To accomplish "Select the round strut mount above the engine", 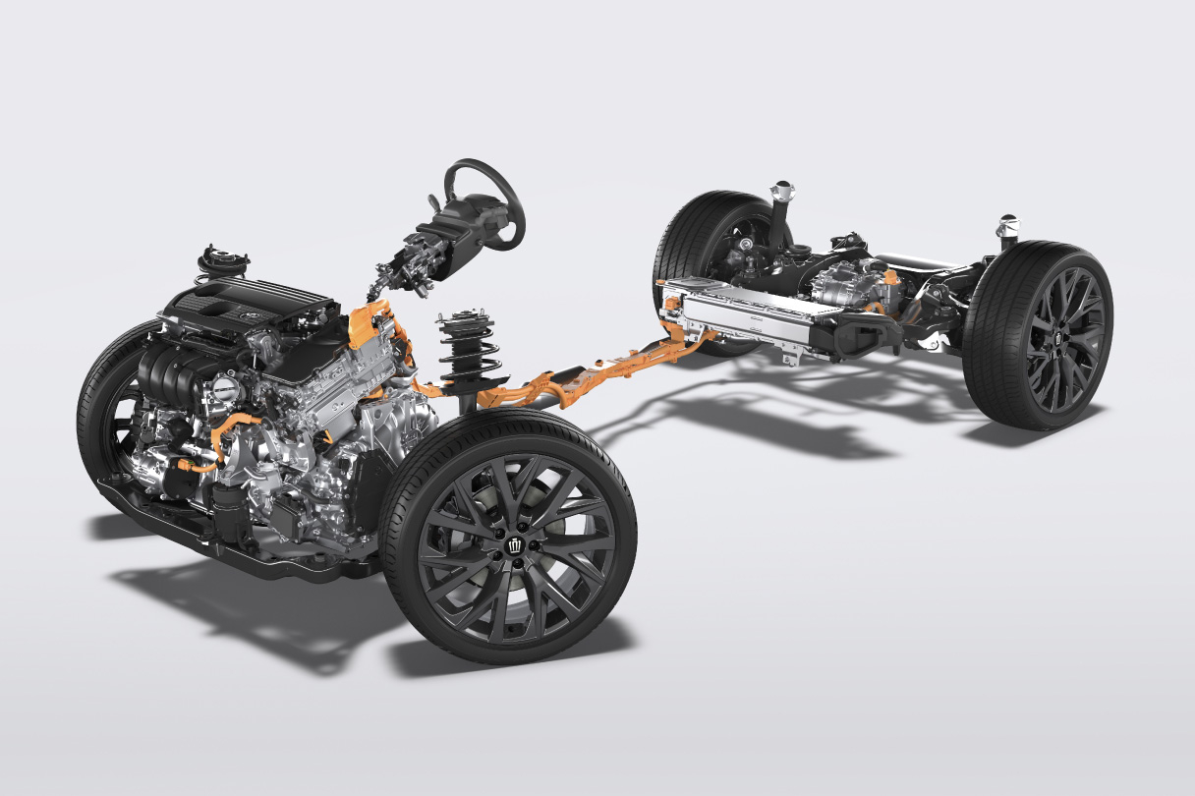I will tap(223, 261).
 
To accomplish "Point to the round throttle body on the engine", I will tap(224, 388).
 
